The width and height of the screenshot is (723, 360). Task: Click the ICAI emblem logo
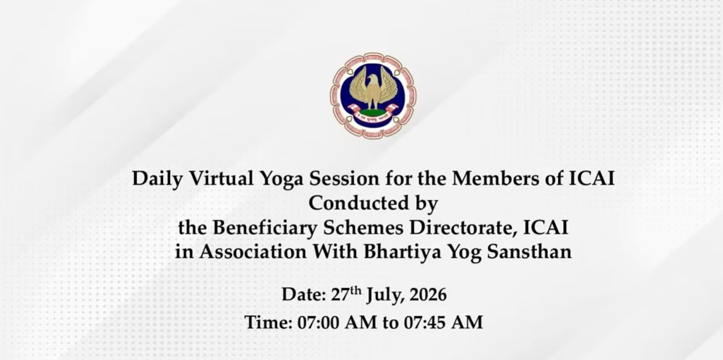[373, 96]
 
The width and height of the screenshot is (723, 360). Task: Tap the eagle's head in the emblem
[373, 79]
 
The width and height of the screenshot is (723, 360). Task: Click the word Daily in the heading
[158, 179]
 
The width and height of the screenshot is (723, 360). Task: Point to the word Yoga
[282, 179]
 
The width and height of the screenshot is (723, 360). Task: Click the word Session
[345, 179]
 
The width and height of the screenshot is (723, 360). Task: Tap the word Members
[495, 178]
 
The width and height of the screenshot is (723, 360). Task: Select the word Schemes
[363, 228]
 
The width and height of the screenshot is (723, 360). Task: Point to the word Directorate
[463, 228]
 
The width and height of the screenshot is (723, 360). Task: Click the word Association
[253, 252]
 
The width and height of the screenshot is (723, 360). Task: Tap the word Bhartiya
[402, 252]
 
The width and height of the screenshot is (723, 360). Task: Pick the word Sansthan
[529, 252]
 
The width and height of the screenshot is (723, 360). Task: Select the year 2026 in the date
[428, 295]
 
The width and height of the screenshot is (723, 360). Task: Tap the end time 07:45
[425, 323]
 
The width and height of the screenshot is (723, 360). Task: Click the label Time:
[268, 322]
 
